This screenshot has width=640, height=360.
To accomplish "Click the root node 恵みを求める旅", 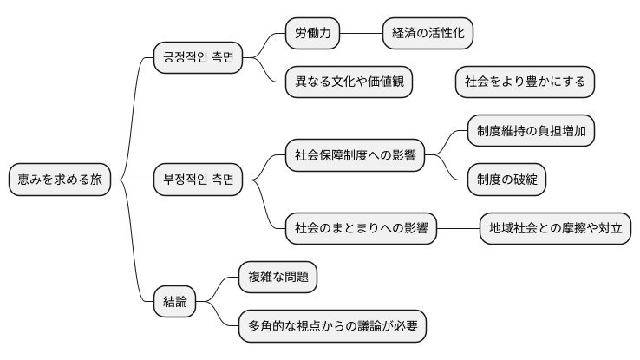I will (59, 180).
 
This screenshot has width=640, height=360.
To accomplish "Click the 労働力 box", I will (312, 34).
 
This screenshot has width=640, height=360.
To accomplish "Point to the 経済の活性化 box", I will (428, 34).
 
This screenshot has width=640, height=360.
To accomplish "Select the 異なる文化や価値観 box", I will (349, 82).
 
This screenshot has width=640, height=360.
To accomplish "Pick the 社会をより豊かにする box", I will (525, 82).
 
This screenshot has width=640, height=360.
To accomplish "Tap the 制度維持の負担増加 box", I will (531, 131).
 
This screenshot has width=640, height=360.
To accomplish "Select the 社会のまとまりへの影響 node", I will (361, 229).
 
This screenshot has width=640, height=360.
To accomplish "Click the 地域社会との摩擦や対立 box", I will (555, 229).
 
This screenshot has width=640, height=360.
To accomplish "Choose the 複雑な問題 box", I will (277, 278).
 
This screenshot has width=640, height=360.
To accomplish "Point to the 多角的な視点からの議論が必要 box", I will (332, 326).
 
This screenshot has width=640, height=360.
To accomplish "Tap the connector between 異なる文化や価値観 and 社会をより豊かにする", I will (434, 82).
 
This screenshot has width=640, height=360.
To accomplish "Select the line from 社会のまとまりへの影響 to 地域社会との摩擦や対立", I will (458, 229).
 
